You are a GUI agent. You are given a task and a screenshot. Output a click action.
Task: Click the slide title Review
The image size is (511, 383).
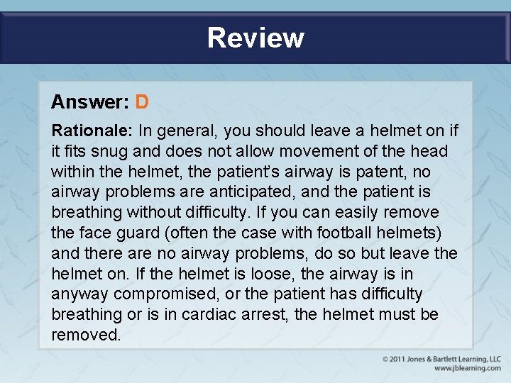click(255, 38)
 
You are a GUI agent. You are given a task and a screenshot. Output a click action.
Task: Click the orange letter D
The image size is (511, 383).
click(142, 102)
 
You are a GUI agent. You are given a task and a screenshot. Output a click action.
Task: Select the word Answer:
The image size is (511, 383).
click(89, 102)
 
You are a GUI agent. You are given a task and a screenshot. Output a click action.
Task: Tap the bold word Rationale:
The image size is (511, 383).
click(92, 131)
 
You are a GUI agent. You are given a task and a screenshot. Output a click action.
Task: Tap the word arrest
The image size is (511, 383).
click(265, 314)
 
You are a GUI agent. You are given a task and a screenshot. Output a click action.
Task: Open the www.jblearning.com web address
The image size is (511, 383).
click(467, 368)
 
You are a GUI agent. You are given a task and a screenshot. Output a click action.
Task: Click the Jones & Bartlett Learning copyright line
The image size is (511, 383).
click(441, 359)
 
